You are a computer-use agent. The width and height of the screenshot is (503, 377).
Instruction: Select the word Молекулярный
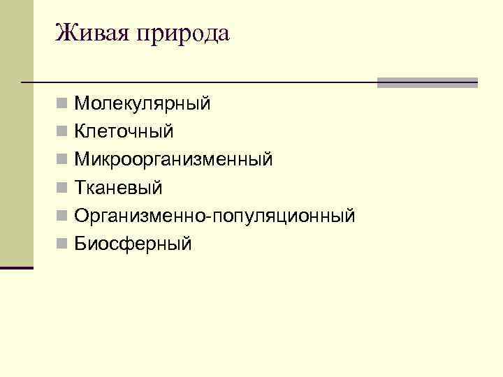142,105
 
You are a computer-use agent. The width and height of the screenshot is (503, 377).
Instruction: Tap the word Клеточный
124,132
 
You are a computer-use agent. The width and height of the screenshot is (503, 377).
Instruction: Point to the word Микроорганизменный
173,160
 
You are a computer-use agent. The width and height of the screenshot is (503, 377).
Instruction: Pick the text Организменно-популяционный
214,216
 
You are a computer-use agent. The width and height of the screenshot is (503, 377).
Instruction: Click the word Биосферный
133,244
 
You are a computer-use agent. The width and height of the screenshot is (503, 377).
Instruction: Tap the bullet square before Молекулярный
63,105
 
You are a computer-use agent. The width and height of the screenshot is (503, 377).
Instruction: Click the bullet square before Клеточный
63,132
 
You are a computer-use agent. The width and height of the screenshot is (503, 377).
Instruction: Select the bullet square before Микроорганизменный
63,160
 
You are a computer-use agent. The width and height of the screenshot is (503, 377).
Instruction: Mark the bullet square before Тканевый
63,188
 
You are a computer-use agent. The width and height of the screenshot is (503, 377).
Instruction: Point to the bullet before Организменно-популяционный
63,216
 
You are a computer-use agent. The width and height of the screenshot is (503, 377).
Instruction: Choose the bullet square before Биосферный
63,244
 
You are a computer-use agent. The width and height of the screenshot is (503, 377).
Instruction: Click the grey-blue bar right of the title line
427,82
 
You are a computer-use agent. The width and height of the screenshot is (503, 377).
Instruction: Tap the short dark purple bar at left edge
16,267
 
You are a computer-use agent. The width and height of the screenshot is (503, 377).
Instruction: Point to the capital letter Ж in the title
65,32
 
